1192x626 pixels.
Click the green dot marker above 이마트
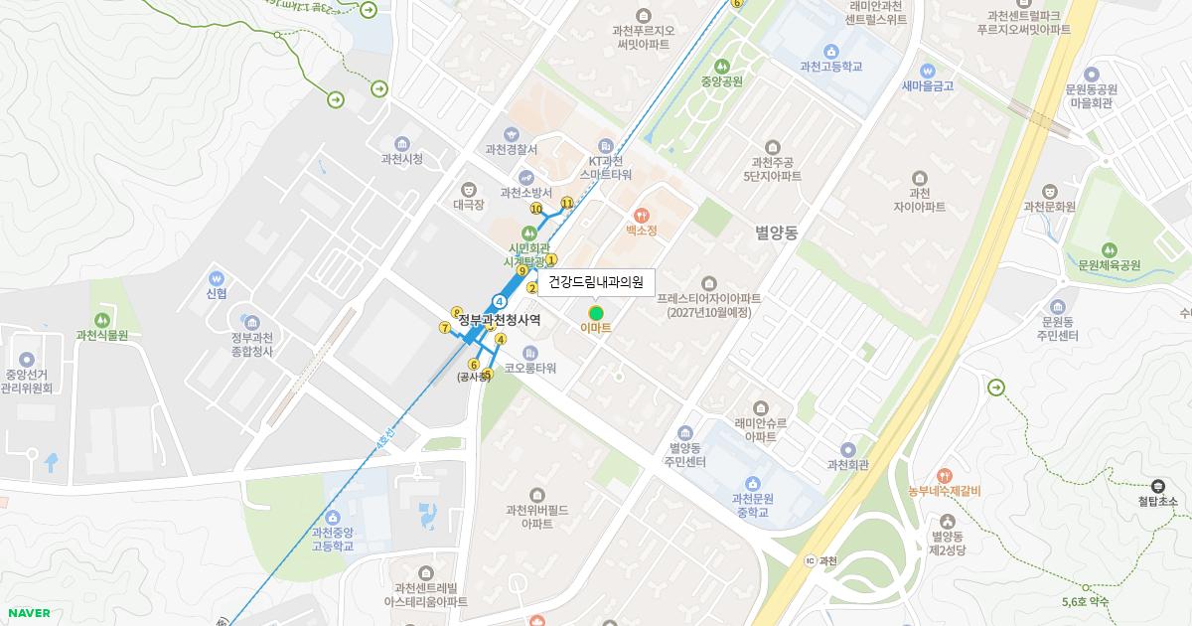[596, 313]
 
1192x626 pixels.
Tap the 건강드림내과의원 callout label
[596, 282]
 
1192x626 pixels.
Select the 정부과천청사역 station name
[500, 319]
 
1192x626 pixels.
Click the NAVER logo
[29, 613]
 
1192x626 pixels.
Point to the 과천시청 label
[401, 159]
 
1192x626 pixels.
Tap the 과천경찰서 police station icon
[512, 133]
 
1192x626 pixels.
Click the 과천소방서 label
[525, 193]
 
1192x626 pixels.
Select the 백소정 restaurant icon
[641, 214]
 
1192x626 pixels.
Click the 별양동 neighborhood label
[776, 233]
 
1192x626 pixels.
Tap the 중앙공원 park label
[721, 81]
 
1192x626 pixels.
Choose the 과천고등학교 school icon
[830, 51]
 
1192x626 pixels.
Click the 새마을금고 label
[927, 86]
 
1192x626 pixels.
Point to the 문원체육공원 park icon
[1109, 249]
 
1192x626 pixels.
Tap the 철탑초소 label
[1157, 502]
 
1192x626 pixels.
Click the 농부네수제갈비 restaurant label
[944, 490]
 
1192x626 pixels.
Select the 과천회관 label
[848, 465]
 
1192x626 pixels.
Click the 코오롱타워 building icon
[529, 352]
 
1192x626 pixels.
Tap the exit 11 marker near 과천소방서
[567, 203]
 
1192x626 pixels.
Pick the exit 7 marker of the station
[444, 327]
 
